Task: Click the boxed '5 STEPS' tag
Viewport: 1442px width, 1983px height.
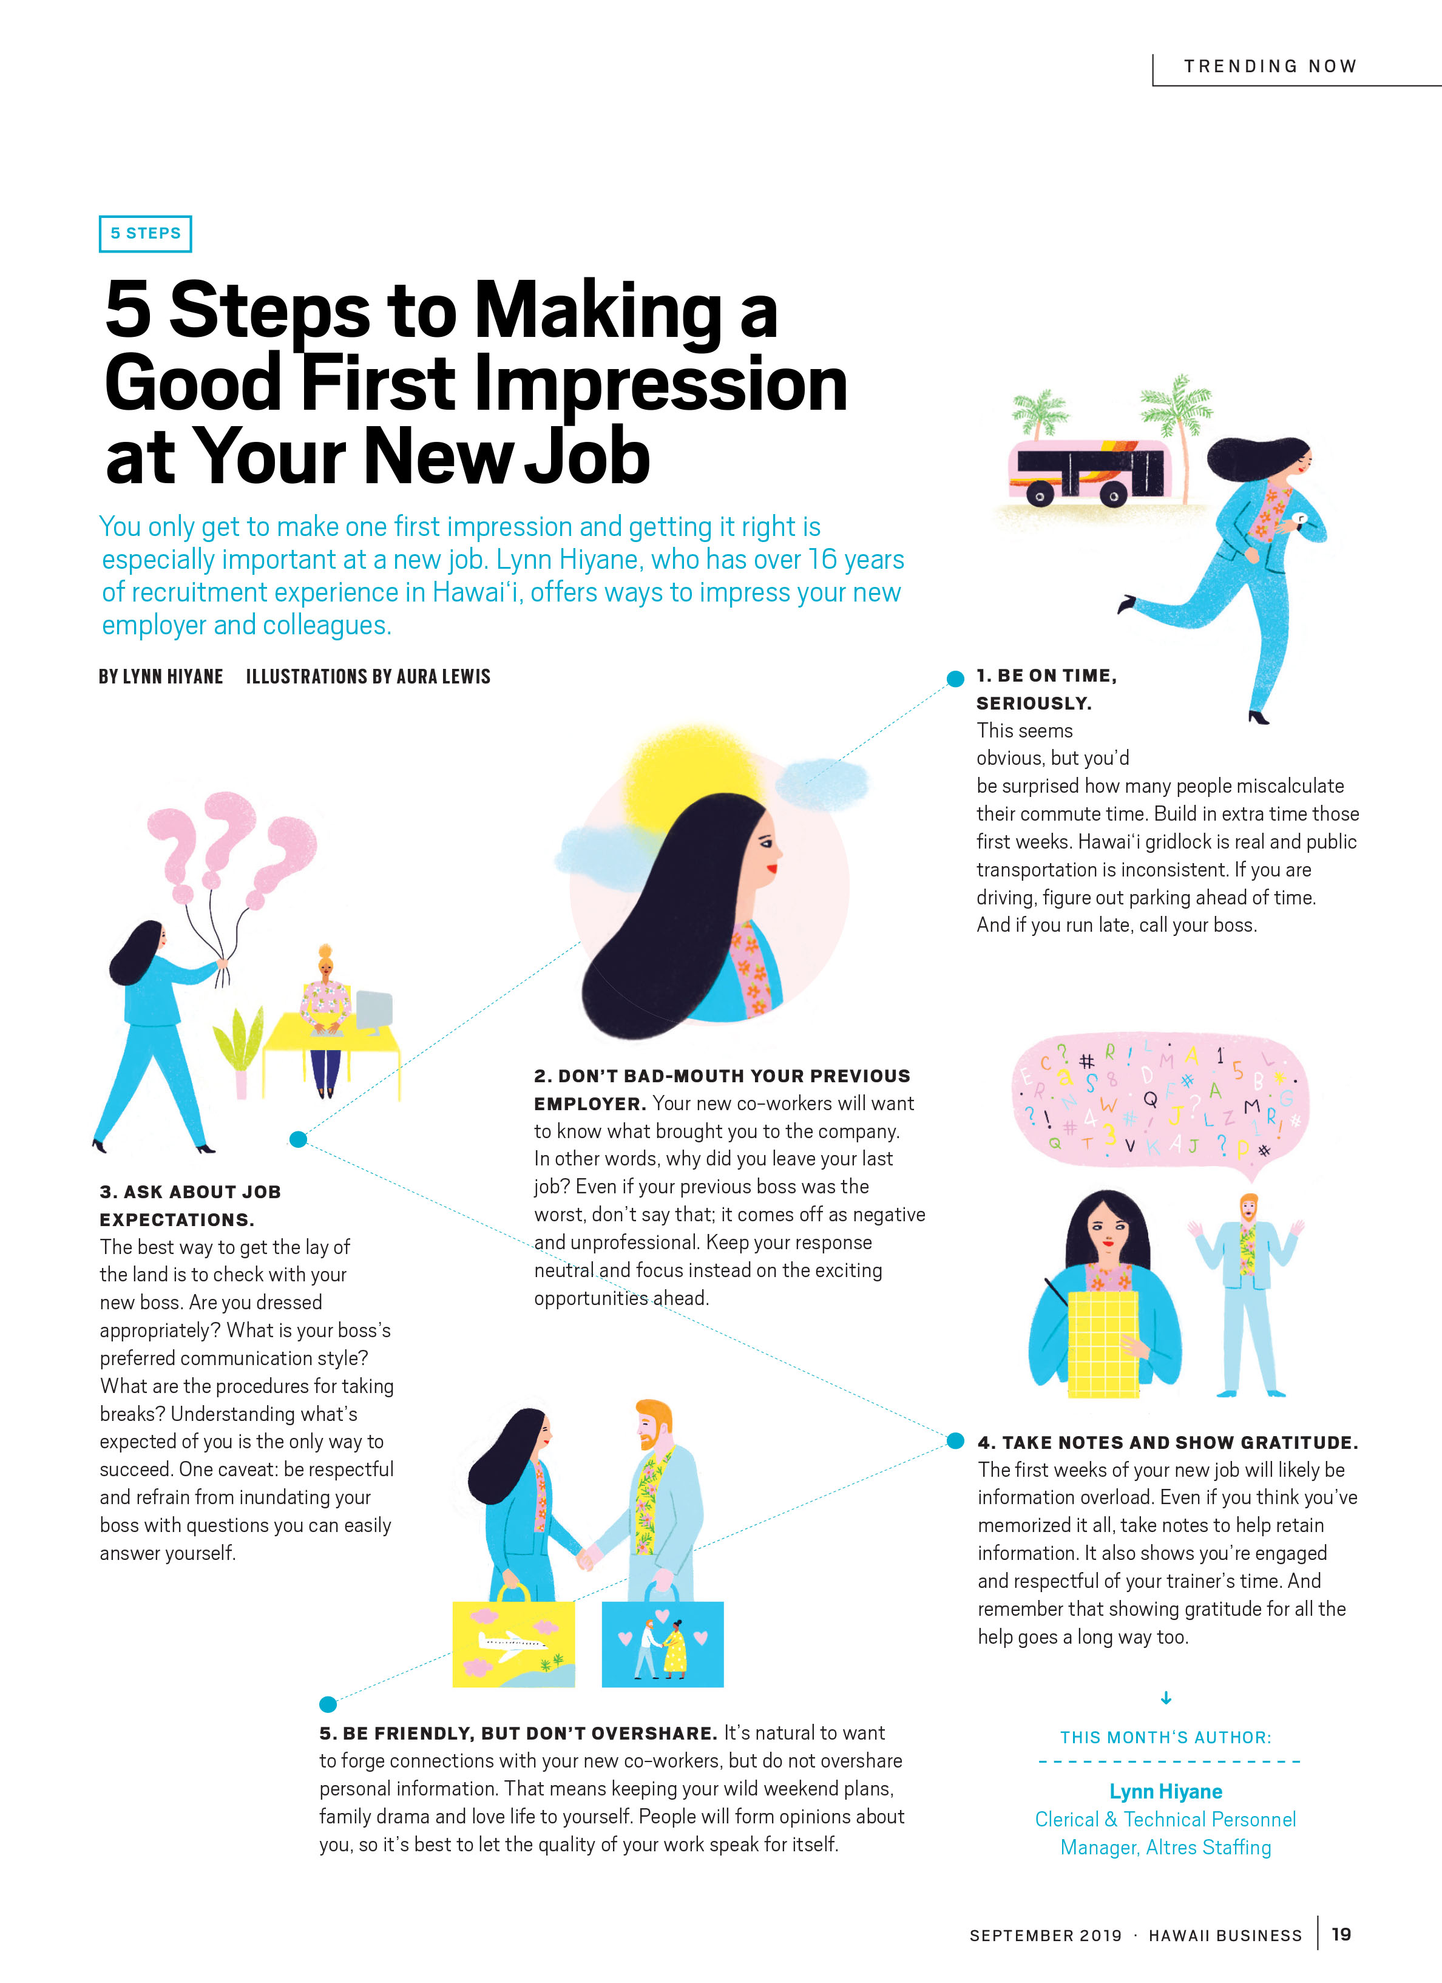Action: [145, 234]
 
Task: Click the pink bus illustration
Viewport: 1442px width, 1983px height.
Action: [1089, 473]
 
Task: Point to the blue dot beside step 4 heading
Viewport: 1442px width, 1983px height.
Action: [956, 1440]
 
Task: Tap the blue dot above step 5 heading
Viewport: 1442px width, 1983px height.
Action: [328, 1703]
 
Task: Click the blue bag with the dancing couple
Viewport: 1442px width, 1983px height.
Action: [663, 1637]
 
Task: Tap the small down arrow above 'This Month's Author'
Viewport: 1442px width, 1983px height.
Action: [1166, 1698]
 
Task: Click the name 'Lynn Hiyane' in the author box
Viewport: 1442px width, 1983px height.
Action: [1166, 1792]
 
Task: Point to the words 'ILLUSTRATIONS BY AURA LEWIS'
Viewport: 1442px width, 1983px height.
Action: [368, 676]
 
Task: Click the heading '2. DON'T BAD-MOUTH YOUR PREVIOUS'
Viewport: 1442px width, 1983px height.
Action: [722, 1076]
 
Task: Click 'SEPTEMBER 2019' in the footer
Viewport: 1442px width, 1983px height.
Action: [1045, 1935]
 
